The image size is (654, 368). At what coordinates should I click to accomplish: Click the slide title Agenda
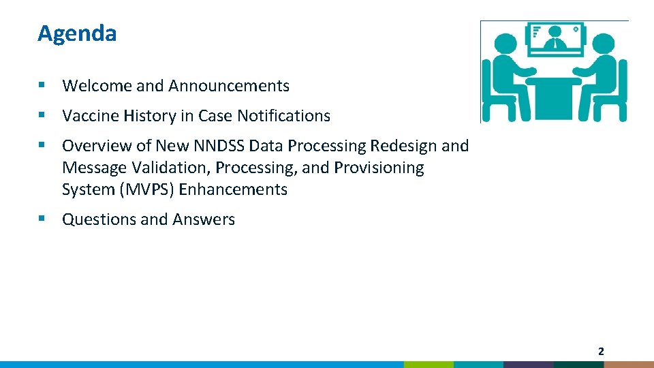pos(77,33)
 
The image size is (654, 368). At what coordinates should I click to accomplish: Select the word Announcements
pos(229,86)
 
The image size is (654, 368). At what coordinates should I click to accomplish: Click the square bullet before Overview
pos(42,145)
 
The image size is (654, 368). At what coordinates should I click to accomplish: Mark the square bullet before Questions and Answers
pos(42,219)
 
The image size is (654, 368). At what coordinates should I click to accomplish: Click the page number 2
pos(600,352)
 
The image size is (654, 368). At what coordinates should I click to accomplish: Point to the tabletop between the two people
pos(555,80)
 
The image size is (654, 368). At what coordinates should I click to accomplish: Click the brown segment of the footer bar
pos(629,364)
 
